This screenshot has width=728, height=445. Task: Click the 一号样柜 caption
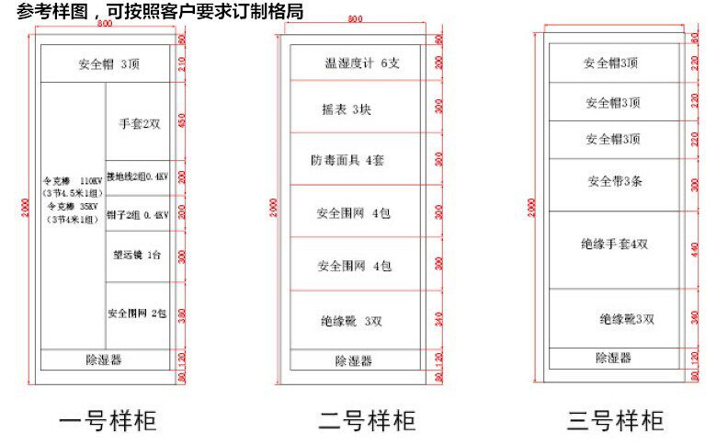[108, 421]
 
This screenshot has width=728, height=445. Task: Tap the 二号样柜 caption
[367, 421]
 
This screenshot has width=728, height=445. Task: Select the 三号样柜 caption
[615, 421]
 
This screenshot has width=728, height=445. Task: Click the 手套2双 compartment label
[139, 123]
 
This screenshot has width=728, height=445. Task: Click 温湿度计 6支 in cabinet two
[362, 63]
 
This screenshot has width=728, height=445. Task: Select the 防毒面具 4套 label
[347, 160]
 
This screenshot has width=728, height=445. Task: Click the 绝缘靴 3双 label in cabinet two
[351, 322]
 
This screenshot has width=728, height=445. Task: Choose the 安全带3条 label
[614, 181]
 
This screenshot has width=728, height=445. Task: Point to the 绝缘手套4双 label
[614, 245]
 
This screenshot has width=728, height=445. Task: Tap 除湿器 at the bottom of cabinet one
[104, 359]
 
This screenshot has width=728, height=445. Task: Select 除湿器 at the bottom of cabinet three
[613, 358]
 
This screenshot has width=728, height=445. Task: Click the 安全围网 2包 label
[137, 314]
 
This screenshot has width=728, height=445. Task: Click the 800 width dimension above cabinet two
[356, 19]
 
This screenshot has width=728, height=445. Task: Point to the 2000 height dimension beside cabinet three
[532, 208]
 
